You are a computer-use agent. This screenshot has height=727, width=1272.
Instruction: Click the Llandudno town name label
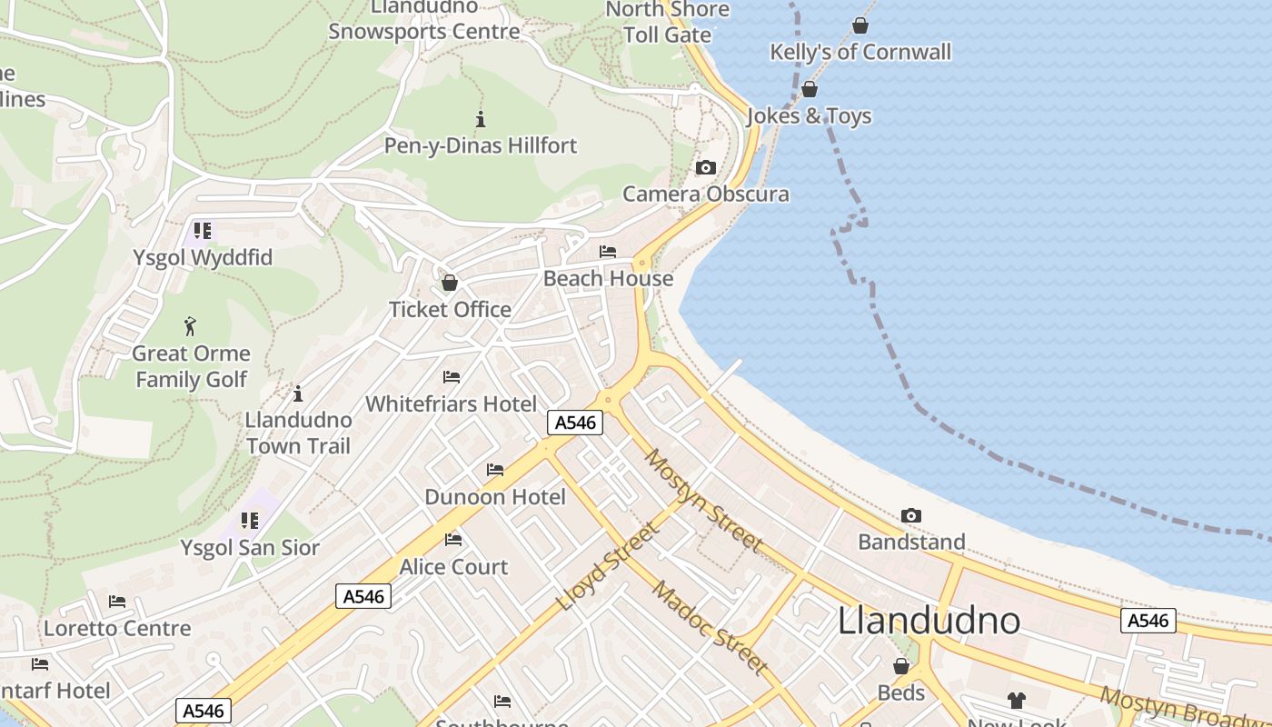[x=929, y=621]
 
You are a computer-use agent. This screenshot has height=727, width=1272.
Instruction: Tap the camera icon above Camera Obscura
[x=705, y=168]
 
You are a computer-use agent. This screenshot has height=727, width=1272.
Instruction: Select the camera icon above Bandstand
[x=911, y=516]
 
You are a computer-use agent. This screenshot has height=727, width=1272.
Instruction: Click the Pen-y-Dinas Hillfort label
[x=481, y=145]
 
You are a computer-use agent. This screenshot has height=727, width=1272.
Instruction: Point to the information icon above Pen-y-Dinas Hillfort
[x=481, y=119]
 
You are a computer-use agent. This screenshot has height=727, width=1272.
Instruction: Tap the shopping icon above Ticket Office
[x=449, y=283]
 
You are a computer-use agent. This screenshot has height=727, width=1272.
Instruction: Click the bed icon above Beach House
[x=608, y=252]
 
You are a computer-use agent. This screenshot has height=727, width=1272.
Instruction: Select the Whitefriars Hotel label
[x=452, y=403]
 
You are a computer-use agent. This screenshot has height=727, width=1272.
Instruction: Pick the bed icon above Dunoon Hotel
[x=495, y=470]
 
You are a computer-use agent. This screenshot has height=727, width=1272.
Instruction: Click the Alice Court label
[x=454, y=567]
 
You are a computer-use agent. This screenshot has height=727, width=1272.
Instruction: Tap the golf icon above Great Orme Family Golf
[x=190, y=326]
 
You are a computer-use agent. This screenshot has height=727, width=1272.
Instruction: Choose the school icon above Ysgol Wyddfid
[x=202, y=231]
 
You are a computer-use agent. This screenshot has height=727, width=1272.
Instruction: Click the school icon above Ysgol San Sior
[x=249, y=521]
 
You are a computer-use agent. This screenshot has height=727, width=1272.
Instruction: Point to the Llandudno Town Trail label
[x=299, y=433]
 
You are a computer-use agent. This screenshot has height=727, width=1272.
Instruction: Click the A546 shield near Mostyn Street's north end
[x=575, y=423]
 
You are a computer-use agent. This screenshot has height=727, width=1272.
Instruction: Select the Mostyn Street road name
[x=702, y=500]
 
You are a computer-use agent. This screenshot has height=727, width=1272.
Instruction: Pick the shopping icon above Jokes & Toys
[x=810, y=89]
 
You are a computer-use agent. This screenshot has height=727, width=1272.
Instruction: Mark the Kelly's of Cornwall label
[x=860, y=52]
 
